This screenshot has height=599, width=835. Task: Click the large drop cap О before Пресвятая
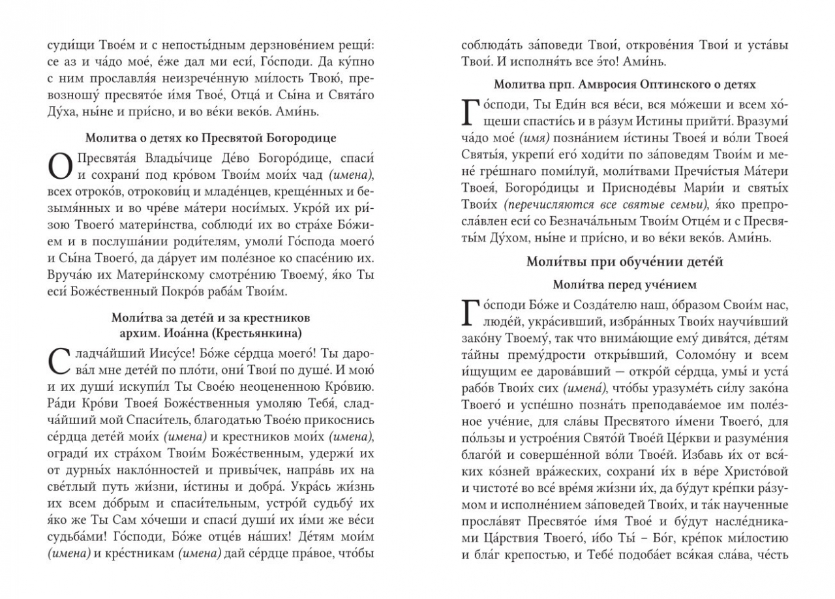(x=61, y=167)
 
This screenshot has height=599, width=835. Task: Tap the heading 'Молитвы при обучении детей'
(x=625, y=262)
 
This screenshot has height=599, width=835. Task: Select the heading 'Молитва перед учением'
(x=625, y=284)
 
